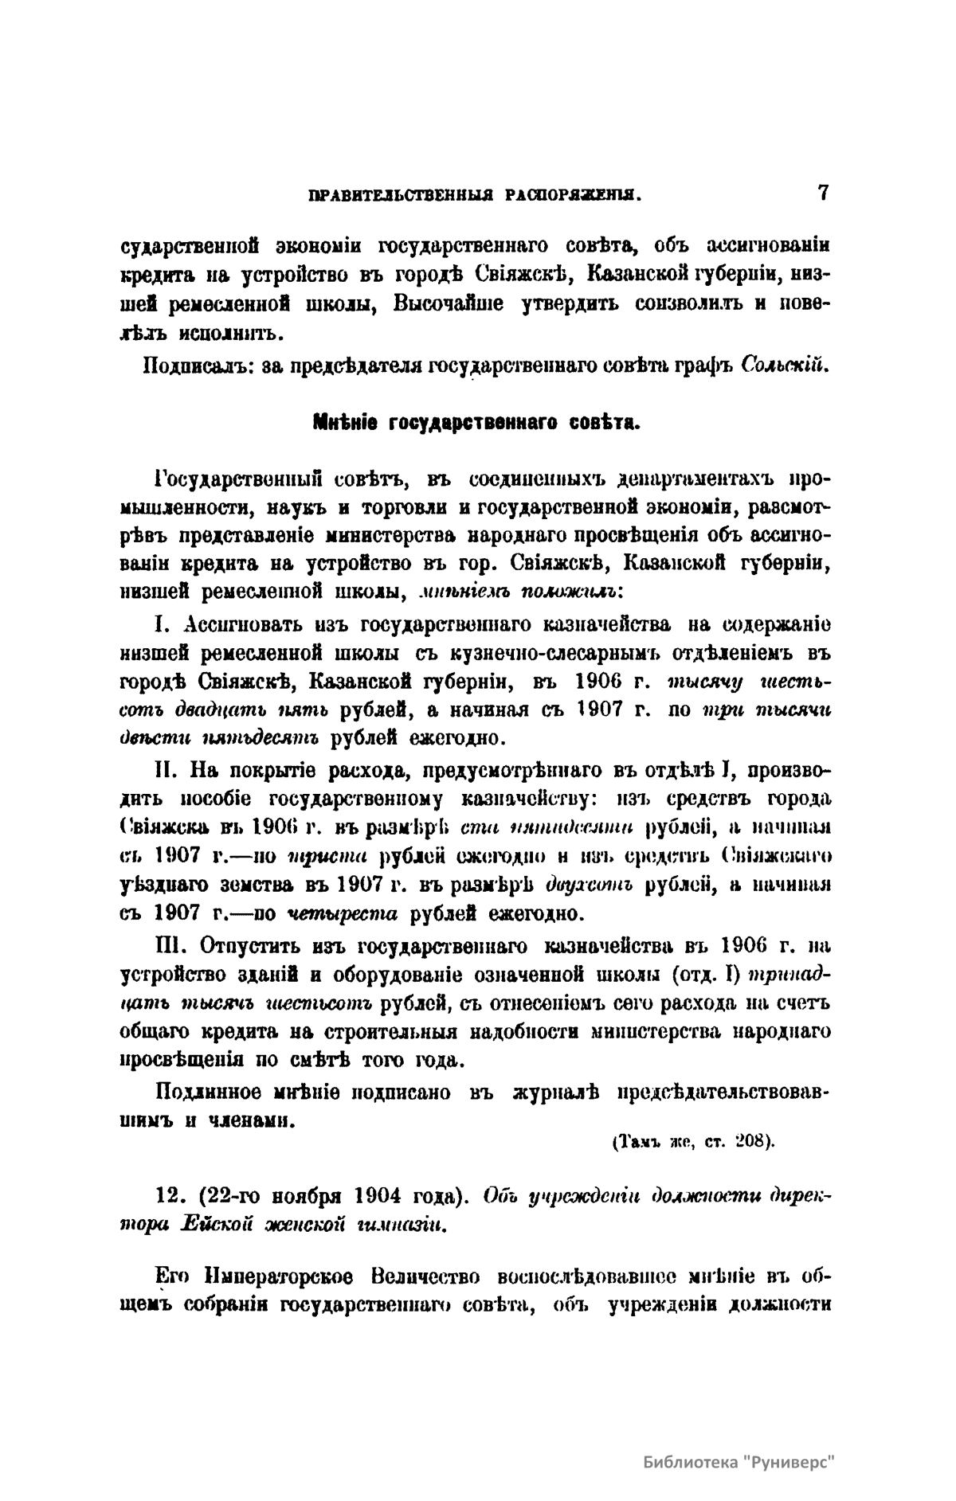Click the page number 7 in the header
point(823,193)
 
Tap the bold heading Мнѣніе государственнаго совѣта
point(477,423)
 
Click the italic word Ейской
point(219,1222)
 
